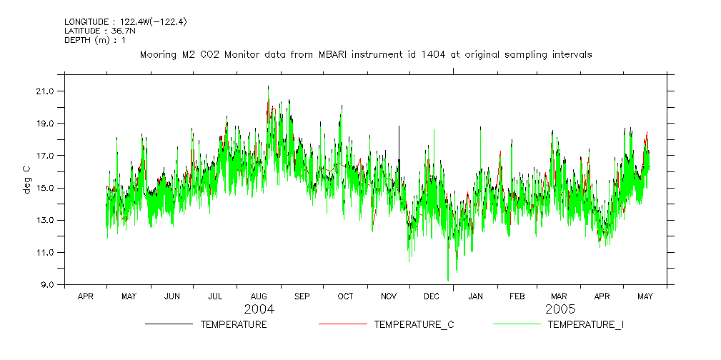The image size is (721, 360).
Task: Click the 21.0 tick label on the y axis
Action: click(x=44, y=91)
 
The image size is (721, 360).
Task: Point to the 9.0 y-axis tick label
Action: click(x=46, y=284)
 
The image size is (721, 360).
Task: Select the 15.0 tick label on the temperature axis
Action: click(x=44, y=188)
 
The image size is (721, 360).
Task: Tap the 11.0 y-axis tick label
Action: click(x=44, y=252)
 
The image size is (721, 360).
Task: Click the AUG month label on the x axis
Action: click(x=259, y=296)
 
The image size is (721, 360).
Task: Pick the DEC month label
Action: click(x=432, y=296)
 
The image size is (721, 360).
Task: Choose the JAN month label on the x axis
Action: click(x=475, y=296)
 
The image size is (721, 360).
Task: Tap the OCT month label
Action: click(x=345, y=296)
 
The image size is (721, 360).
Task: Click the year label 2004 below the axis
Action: click(x=259, y=310)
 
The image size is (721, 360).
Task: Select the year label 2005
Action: click(x=560, y=310)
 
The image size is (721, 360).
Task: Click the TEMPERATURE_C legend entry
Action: click(x=407, y=324)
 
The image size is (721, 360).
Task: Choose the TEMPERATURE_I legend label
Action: click(x=585, y=324)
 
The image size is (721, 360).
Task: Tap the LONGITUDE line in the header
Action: click(x=126, y=22)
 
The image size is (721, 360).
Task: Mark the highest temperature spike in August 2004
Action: click(x=268, y=87)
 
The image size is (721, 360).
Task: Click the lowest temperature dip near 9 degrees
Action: click(x=448, y=280)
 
